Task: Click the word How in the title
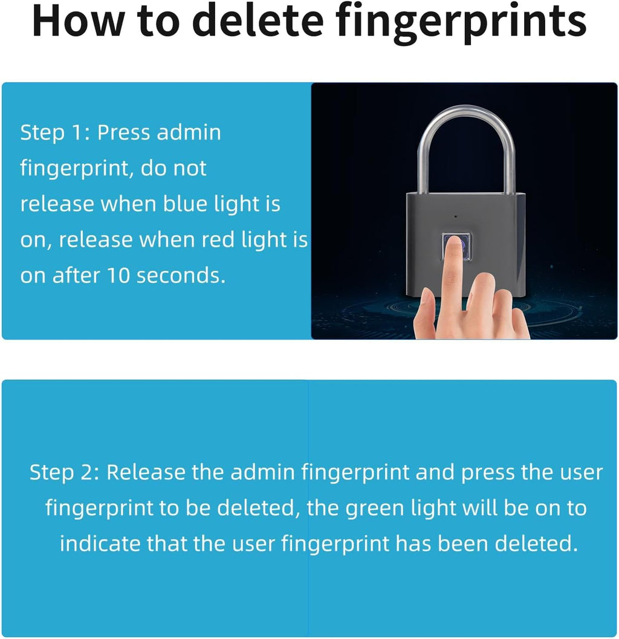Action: [x=77, y=21]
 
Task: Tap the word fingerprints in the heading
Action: [x=461, y=23]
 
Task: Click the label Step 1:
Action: [x=54, y=132]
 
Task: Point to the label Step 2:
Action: [x=64, y=473]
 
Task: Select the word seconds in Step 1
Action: [x=181, y=276]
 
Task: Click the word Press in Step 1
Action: [x=123, y=132]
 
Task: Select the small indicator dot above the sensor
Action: [x=456, y=216]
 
